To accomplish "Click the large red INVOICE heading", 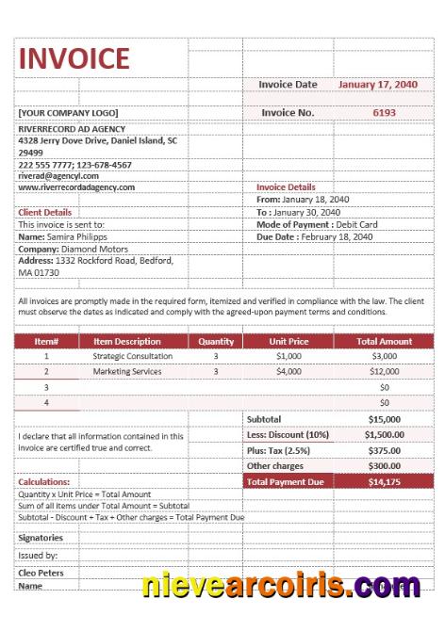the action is (x=74, y=58).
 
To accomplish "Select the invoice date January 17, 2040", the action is (x=377, y=85).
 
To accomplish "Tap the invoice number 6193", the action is (x=384, y=112).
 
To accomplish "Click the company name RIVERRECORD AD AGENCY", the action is (x=72, y=129).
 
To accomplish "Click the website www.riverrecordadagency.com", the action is (x=76, y=187).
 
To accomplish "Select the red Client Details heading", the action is (x=45, y=213).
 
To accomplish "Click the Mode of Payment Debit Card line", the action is (x=317, y=225).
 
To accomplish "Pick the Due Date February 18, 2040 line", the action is (x=314, y=237).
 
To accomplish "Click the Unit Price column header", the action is (x=288, y=341).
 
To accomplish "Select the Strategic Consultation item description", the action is (x=133, y=357).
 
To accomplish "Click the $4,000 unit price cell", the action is (x=288, y=372).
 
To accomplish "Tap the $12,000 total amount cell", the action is (x=384, y=372).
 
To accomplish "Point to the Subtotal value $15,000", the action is (x=384, y=418).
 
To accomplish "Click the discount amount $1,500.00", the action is (x=384, y=434).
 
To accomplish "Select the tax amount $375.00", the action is (x=384, y=450).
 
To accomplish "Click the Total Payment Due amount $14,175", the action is (x=384, y=481).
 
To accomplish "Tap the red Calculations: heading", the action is (x=44, y=482).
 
